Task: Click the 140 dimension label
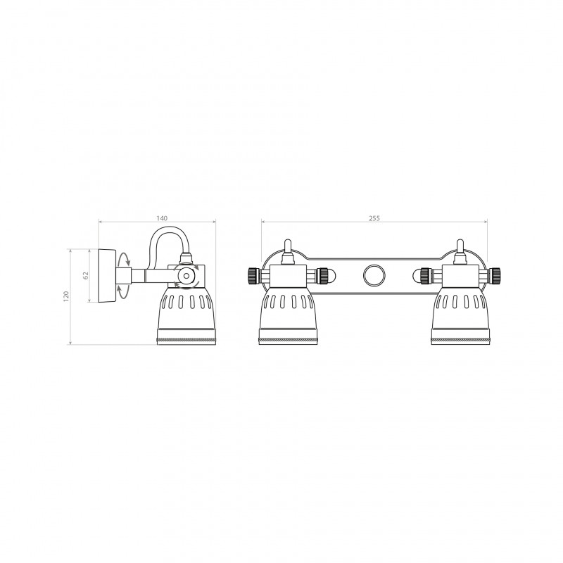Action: [x=162, y=218]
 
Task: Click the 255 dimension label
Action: [x=374, y=218]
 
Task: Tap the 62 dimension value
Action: [x=85, y=275]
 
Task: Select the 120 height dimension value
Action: [x=65, y=296]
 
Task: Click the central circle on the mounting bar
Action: [x=374, y=276]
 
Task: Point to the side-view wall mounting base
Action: [x=107, y=275]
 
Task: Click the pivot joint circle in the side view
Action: [x=186, y=276]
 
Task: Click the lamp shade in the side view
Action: [x=186, y=316]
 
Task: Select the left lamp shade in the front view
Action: [x=288, y=316]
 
